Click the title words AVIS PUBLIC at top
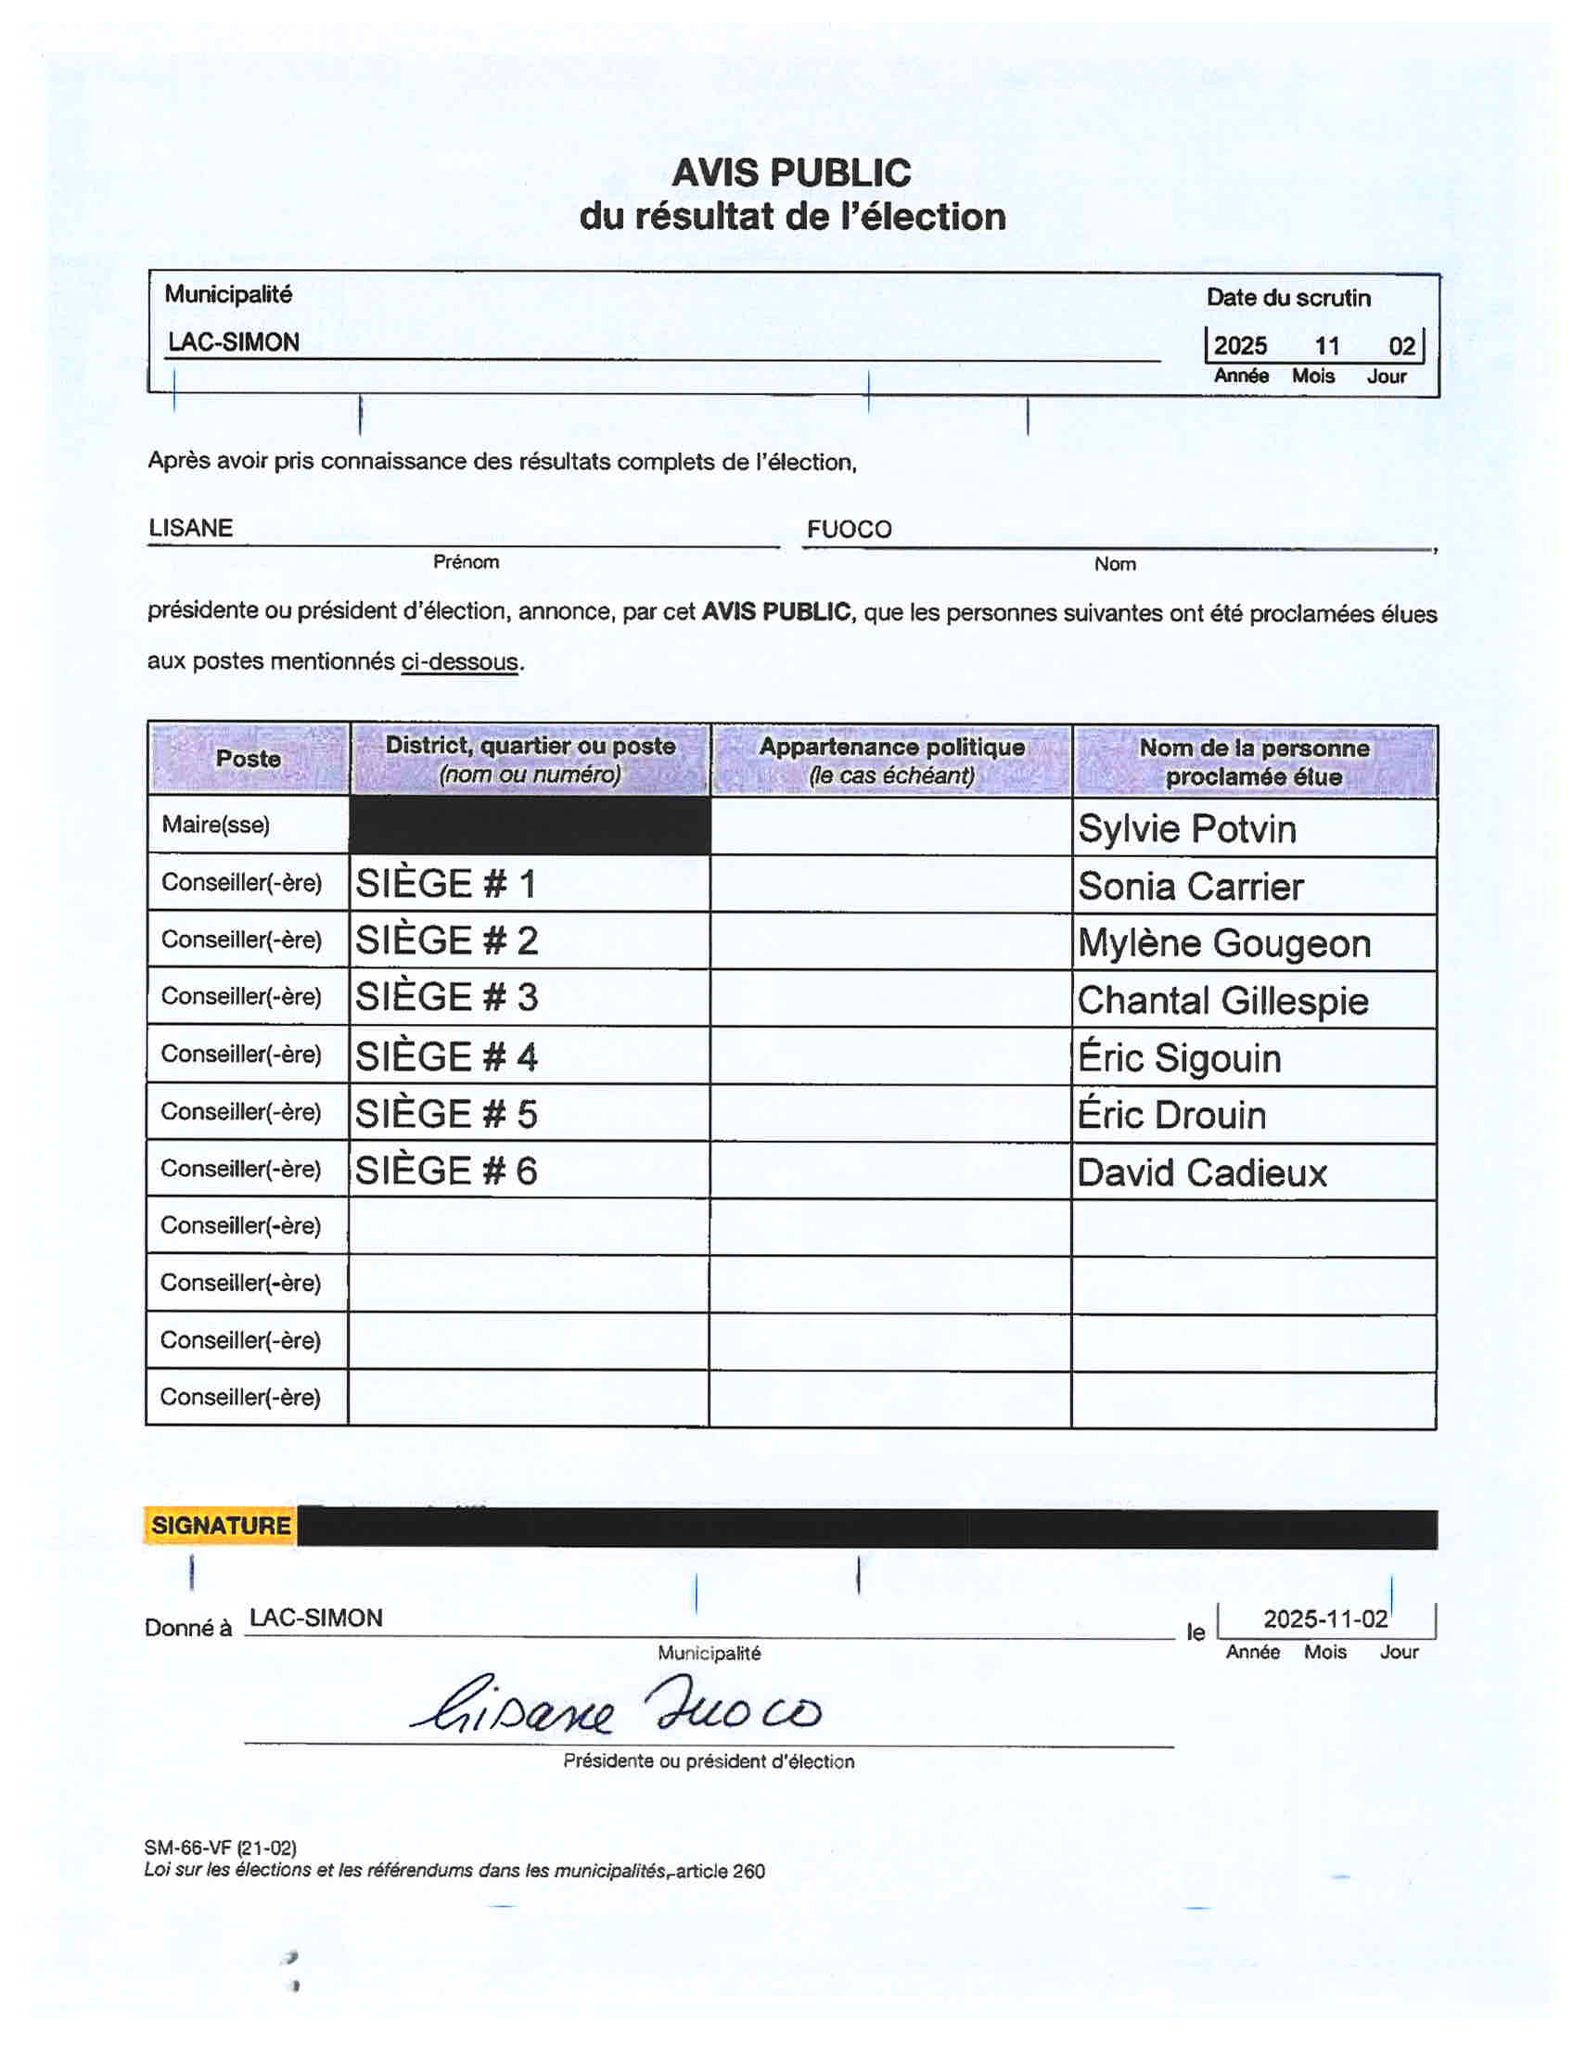[791, 173]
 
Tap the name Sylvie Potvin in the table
[1186, 828]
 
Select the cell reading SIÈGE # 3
[447, 997]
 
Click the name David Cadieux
[1201, 1173]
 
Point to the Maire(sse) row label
[215, 825]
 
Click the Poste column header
[249, 759]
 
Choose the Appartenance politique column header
[891, 760]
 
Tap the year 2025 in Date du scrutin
[1240, 346]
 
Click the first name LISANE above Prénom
[191, 528]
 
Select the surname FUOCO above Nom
[849, 529]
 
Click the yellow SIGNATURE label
[221, 1526]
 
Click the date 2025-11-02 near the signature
[1324, 1619]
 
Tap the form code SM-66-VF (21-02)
[220, 1848]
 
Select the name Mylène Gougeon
[1223, 943]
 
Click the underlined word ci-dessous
[459, 662]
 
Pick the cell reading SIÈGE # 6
[447, 1171]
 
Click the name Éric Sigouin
[1179, 1058]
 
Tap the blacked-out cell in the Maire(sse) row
[530, 825]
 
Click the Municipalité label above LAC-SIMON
[228, 294]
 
